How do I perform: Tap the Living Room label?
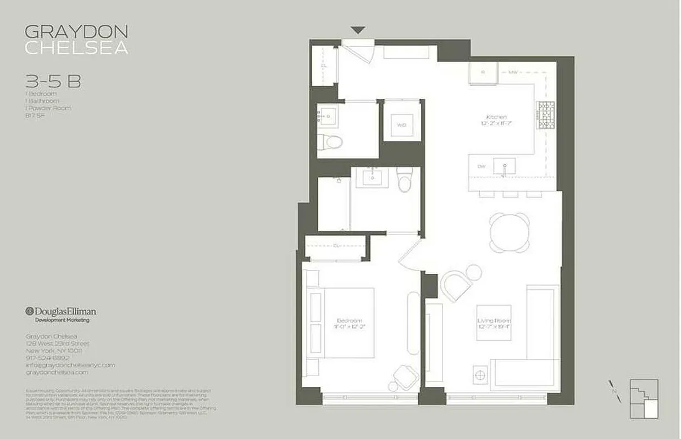(494, 320)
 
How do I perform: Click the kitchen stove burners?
(545, 116)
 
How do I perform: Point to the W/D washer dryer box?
(402, 125)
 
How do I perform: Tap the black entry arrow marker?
(358, 31)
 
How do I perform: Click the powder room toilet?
(334, 142)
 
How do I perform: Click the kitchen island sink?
(503, 166)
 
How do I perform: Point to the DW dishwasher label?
(481, 166)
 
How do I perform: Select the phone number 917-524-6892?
(48, 358)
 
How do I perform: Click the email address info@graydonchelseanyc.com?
(70, 365)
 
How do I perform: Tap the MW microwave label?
(513, 72)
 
